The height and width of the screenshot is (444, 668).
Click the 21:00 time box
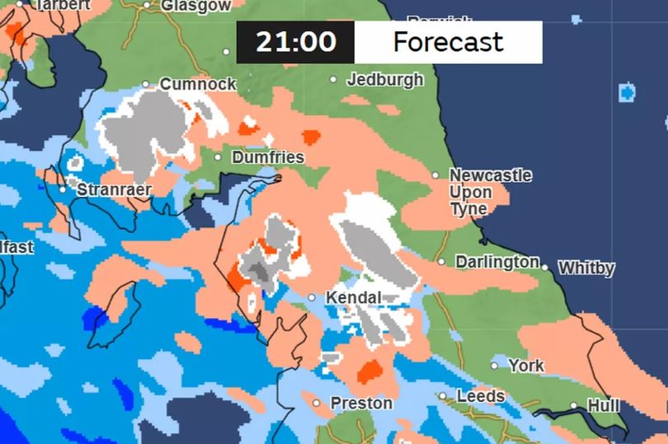coord(295,42)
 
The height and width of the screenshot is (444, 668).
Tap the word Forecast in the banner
coord(448,42)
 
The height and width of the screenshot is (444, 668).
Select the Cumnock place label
coord(197,84)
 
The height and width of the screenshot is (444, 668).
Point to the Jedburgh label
coord(385,80)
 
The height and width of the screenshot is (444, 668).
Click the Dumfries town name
coord(268,157)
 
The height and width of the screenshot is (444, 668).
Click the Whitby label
coord(586,269)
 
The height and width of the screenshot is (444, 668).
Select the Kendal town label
coord(354,297)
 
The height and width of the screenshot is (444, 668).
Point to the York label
coord(526,365)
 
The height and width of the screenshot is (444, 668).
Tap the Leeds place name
coord(481,396)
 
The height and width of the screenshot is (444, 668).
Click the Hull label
coord(602,405)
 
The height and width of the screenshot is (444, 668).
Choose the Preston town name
coord(361,404)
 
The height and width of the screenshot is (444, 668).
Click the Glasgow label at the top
coord(196,6)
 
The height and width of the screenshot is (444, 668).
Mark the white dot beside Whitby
coord(545,267)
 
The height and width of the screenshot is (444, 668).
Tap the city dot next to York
coord(495,365)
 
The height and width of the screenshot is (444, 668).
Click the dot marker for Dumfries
coord(218,157)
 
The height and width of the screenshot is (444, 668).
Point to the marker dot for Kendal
coord(313,297)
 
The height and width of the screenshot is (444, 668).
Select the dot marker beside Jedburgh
coord(333,80)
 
